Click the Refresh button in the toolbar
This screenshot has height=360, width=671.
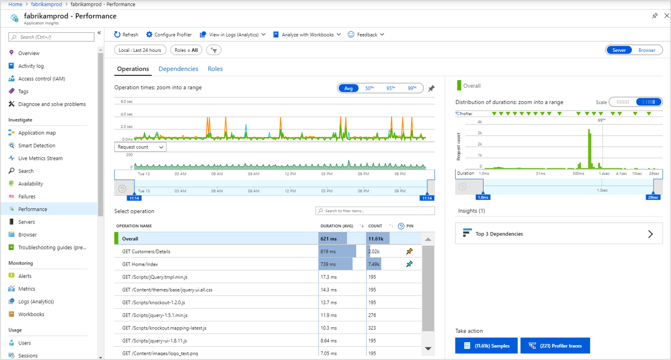pos(126,34)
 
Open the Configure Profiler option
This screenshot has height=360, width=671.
pos(169,34)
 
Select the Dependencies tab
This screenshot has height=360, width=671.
pos(178,69)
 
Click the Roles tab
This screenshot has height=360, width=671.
pos(215,69)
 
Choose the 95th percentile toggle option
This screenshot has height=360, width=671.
pos(391,88)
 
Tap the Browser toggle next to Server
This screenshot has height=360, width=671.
pos(647,50)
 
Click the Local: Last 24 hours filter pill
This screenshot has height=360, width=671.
pos(140,50)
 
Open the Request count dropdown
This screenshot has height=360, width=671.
pos(140,147)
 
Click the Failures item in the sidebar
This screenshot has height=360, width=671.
pos(27,196)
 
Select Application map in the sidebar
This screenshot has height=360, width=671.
pos(37,133)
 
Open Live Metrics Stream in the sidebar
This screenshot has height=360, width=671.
pos(40,158)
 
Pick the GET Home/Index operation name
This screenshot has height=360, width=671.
pos(140,264)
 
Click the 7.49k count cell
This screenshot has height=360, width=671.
pos(375,264)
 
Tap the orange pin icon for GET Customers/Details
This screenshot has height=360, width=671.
pos(409,251)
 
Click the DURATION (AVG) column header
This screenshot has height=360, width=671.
pos(337,226)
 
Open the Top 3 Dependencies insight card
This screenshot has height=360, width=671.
pos(558,233)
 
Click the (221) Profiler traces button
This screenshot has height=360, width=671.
pos(555,346)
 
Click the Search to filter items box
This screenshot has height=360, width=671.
pos(375,211)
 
